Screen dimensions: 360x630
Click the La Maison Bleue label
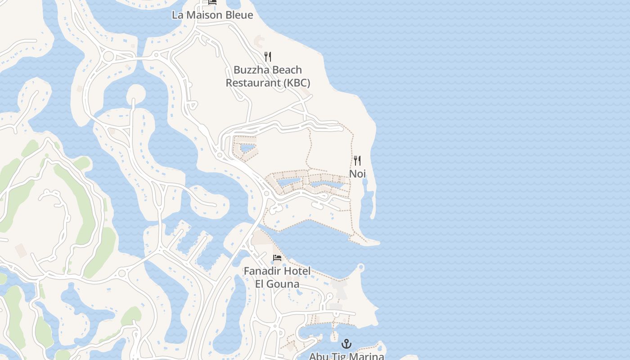pos(212,15)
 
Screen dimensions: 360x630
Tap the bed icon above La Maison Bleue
pos(212,2)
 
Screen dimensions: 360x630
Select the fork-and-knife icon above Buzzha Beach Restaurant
pos(268,56)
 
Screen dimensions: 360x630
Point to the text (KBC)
pos(297,83)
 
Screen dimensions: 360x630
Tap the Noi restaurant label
pos(357,174)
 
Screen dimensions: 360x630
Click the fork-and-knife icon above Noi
pos(357,161)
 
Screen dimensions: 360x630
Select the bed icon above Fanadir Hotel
pos(277,258)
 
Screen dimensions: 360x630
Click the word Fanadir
pos(262,271)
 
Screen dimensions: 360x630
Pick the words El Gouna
pos(277,284)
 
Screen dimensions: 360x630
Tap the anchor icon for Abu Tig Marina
pos(346,344)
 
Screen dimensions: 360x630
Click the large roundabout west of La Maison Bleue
pos(108,57)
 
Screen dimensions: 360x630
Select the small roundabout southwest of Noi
pos(266,194)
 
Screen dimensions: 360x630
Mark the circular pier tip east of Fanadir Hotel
pos(361,268)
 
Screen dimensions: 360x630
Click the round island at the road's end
pos(135,94)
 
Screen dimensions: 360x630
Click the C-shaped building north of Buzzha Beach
pos(260,41)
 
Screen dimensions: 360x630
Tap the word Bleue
pos(239,15)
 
